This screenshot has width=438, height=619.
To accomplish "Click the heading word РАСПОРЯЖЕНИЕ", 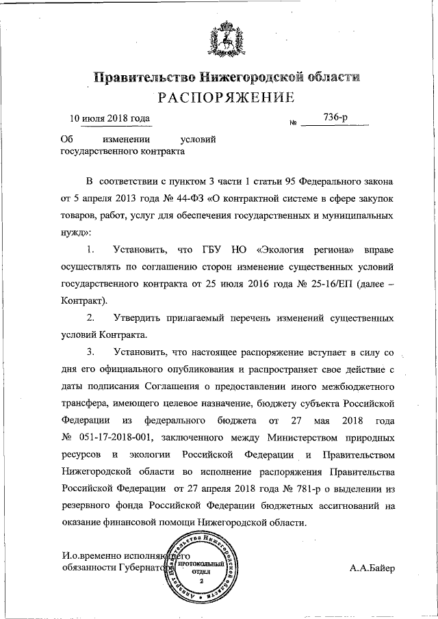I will pyautogui.click(x=227, y=97).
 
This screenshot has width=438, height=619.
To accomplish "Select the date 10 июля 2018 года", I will pyautogui.click(x=110, y=118).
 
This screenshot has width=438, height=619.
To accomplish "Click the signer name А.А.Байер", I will pyautogui.click(x=372, y=568).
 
